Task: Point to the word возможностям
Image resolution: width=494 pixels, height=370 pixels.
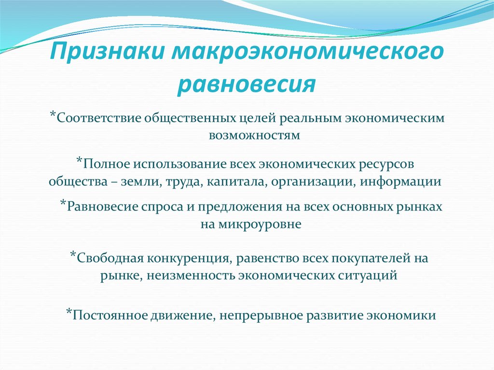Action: click(254, 136)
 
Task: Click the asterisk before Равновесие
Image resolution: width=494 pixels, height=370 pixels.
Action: click(63, 204)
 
